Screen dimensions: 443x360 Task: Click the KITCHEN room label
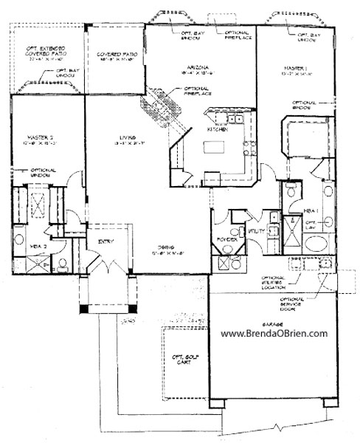[217, 128]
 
